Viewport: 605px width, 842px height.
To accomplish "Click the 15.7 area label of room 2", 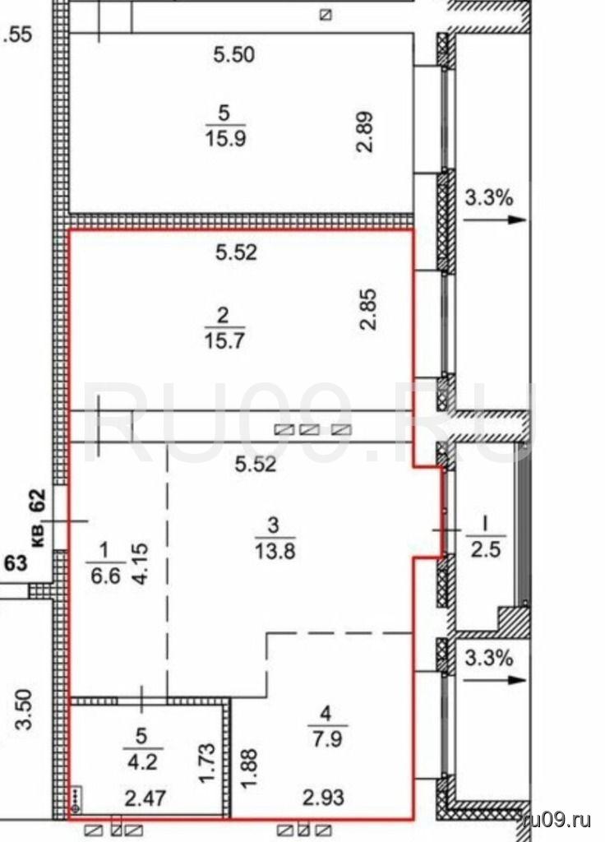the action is [x=224, y=340].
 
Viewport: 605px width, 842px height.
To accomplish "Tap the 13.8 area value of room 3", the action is [x=275, y=551].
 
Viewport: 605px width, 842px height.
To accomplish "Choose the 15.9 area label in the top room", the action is [x=225, y=138].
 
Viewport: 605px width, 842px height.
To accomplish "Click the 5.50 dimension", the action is [x=234, y=55].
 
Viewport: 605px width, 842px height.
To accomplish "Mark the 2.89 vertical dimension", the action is [x=366, y=132].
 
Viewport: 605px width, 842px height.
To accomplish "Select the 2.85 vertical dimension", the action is [x=369, y=309].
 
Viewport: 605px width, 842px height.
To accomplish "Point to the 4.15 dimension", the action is [x=141, y=564].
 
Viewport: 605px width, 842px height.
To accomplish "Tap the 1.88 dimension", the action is [x=250, y=770].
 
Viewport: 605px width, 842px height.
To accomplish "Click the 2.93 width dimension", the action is [x=323, y=797].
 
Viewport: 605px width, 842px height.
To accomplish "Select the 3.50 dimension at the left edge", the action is [x=25, y=710].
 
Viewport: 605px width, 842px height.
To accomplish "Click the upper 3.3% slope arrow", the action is [x=493, y=220].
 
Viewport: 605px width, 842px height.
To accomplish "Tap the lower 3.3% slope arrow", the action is [x=493, y=679].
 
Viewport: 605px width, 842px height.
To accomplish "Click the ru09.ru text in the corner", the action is [x=557, y=820].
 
